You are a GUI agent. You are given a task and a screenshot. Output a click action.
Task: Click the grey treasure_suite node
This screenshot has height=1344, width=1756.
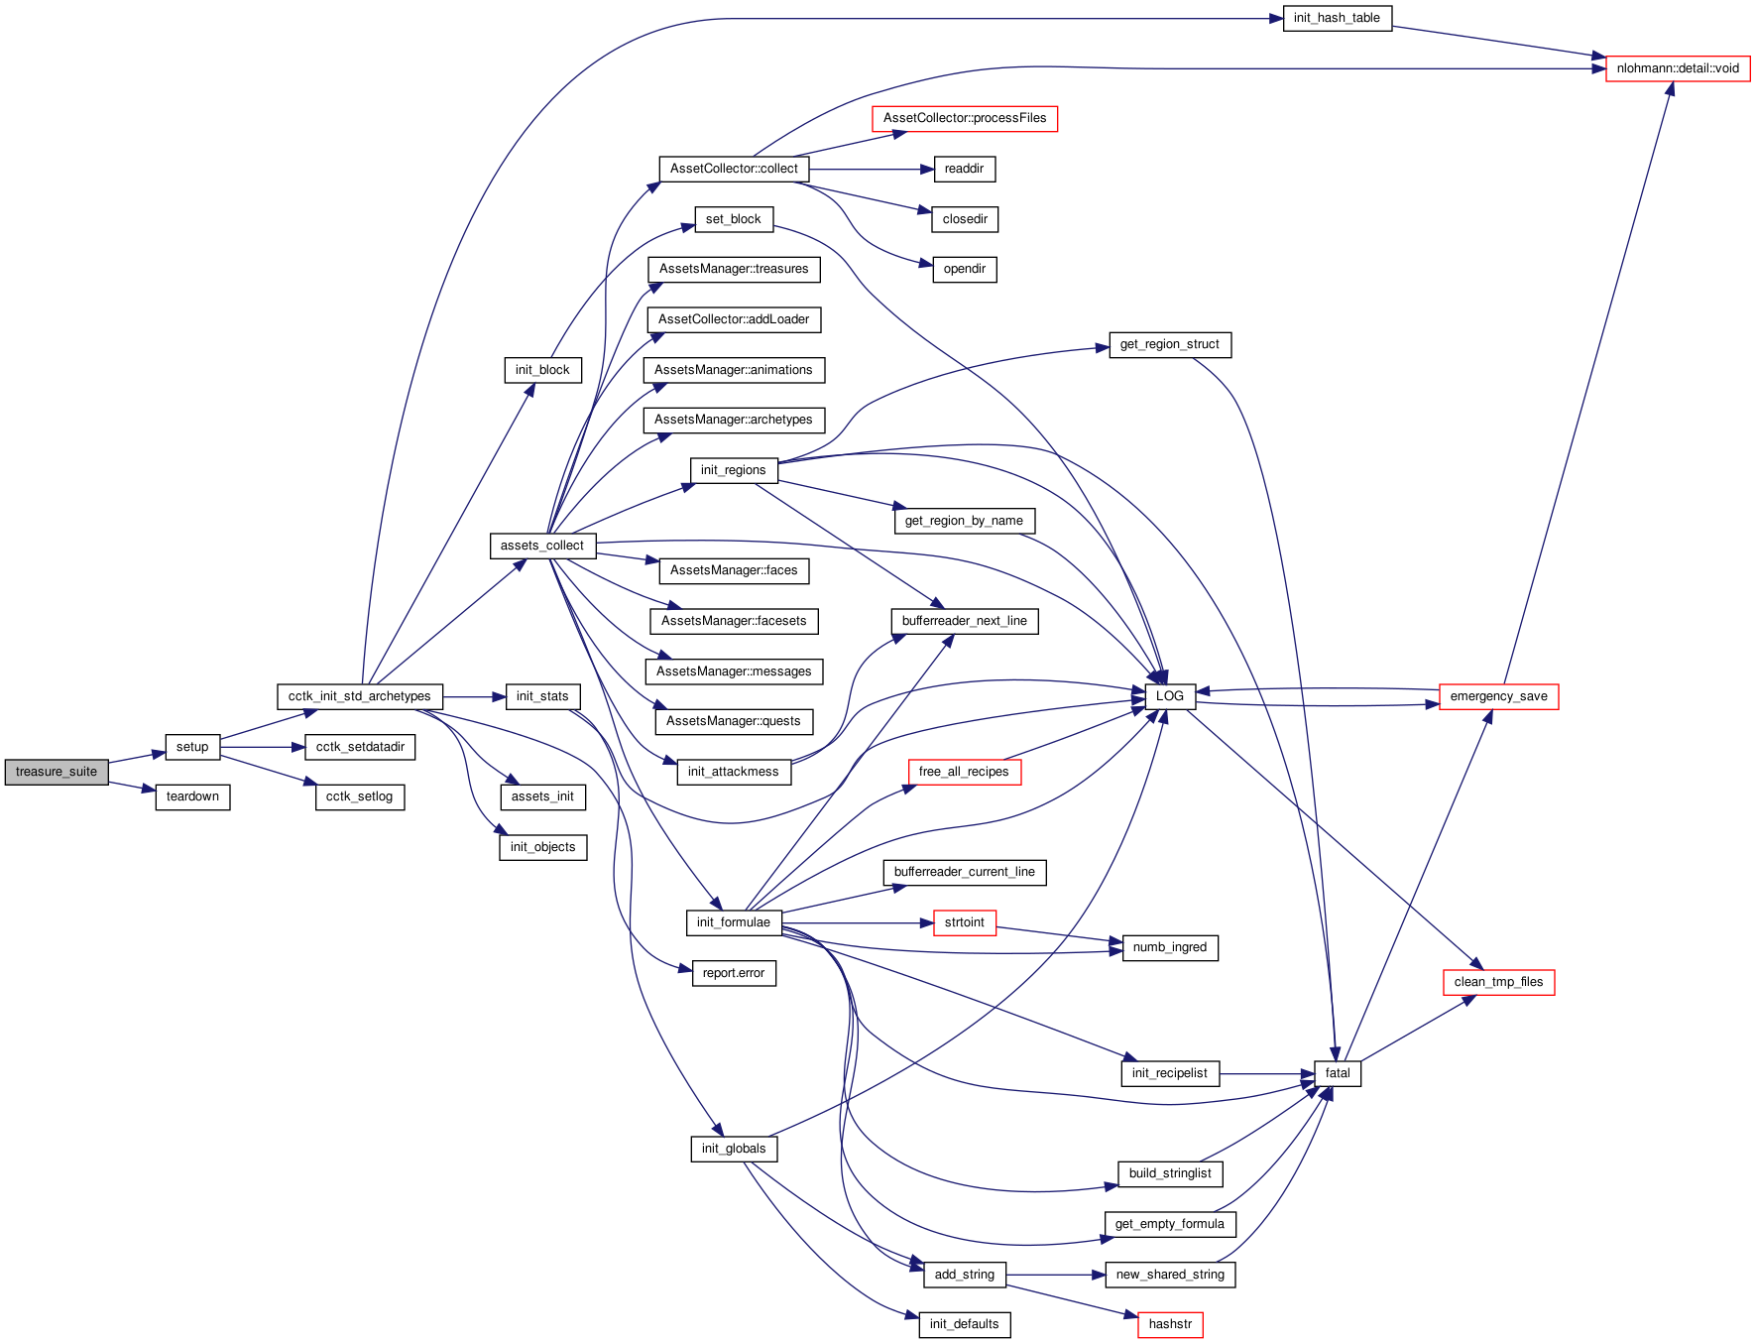point(57,772)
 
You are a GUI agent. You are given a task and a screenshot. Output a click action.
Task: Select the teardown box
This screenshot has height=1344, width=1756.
point(192,796)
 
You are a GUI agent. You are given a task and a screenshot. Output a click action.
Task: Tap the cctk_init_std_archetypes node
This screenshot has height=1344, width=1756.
point(360,696)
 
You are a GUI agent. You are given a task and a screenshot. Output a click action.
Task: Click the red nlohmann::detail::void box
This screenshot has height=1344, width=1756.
point(1678,68)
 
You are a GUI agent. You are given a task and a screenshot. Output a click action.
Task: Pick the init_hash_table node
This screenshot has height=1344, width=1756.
point(1337,18)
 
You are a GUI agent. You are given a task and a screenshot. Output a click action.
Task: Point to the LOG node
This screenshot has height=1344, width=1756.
point(1170,696)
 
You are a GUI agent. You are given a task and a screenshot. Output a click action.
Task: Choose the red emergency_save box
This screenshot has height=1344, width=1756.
point(1498,696)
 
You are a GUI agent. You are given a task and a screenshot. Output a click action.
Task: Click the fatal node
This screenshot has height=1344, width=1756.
point(1338,1073)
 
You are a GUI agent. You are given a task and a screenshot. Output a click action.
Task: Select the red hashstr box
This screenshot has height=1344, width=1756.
point(1170,1324)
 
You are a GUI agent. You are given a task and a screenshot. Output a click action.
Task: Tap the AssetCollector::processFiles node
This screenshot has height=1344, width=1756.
point(965,118)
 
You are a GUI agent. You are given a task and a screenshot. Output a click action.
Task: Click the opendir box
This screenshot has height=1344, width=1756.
point(965,269)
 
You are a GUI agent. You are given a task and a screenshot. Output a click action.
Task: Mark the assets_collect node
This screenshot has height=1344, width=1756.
point(542,546)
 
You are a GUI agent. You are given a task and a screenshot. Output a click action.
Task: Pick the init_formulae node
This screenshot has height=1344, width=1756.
point(734,922)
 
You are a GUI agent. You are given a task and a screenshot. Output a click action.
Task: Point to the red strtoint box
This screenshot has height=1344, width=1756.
point(965,922)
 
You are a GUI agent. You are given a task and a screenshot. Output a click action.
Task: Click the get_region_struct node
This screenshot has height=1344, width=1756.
point(1170,344)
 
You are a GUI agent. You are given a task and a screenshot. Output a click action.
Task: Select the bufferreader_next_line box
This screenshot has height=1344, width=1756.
point(965,621)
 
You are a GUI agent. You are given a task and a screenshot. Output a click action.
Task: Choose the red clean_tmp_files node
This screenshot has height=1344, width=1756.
point(1498,982)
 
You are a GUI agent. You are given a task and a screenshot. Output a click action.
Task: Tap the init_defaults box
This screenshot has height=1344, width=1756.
point(965,1324)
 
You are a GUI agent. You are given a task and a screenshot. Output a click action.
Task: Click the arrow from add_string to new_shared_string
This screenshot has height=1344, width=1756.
point(1056,1275)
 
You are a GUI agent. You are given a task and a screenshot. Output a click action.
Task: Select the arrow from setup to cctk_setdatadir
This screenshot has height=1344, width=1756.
point(263,747)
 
